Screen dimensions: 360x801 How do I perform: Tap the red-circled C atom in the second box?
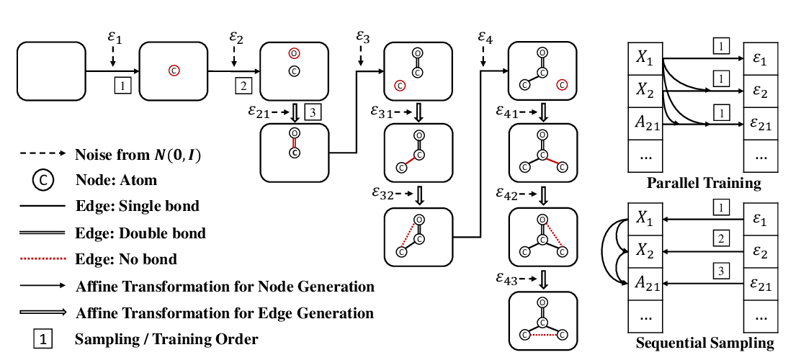click(x=174, y=71)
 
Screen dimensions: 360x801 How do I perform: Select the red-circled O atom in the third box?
click(x=293, y=53)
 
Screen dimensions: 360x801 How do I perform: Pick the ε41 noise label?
click(x=509, y=111)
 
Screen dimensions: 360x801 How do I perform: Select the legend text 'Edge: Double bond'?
click(x=140, y=233)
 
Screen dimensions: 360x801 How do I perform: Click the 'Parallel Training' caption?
click(x=704, y=183)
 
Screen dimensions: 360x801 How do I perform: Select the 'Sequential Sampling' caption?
click(x=704, y=343)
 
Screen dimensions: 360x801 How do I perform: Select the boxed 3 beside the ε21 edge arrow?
click(x=313, y=112)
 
